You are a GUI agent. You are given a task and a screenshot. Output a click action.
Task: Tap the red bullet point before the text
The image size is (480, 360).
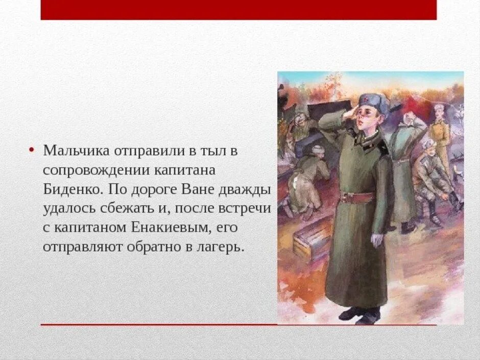(x=32, y=150)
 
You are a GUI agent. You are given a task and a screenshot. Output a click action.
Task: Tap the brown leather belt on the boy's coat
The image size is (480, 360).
(x=357, y=197)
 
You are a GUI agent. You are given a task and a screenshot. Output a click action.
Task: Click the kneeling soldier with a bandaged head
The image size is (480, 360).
(x=308, y=174)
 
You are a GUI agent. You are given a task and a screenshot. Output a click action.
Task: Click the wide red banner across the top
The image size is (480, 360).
(x=238, y=10)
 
